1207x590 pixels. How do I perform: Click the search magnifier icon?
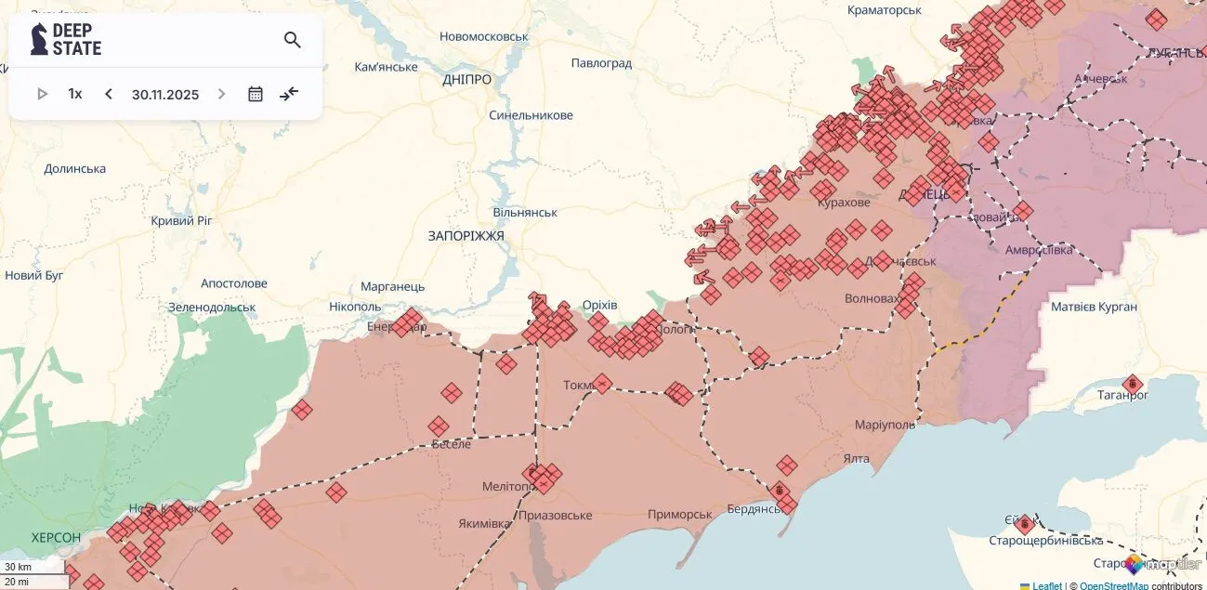pos(292,40)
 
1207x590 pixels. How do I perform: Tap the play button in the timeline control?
pos(42,94)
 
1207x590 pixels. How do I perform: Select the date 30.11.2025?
pos(165,94)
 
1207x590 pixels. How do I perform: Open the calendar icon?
pos(256,94)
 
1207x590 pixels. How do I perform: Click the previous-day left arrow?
pos(109,94)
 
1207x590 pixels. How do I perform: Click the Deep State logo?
pos(66,39)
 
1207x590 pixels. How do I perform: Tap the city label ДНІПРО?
pos(466,80)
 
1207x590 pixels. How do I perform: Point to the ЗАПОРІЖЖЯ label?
pos(466,236)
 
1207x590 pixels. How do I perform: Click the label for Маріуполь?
pos(885,425)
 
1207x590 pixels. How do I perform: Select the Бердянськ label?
pos(753,508)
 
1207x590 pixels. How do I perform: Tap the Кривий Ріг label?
pos(181,220)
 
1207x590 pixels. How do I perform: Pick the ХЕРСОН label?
pos(56,538)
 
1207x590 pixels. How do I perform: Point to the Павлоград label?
pos(601,63)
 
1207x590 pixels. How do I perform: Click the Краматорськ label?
pos(884,10)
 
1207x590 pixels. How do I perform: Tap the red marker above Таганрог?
pos(1132,383)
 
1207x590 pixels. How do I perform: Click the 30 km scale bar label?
pos(18,567)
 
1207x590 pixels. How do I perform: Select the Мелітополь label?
pos(506,487)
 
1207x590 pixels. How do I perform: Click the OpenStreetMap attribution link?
pos(1114,585)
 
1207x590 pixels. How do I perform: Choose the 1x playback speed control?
pos(75,94)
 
